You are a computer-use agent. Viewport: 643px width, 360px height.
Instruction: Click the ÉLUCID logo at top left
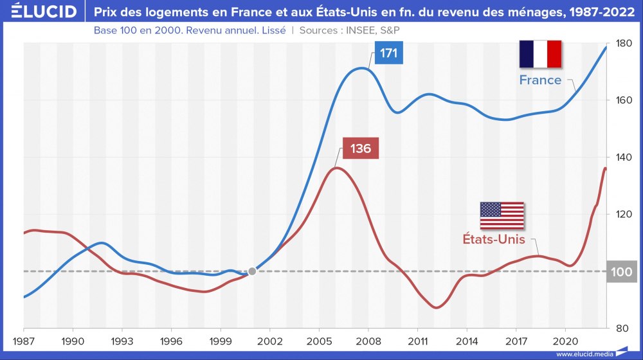pyautogui.click(x=40, y=12)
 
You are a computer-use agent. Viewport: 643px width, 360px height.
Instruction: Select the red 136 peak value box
pyautogui.click(x=361, y=148)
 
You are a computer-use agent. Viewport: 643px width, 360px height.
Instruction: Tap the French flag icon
pyautogui.click(x=541, y=54)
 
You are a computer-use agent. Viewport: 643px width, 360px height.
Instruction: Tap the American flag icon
pyautogui.click(x=502, y=215)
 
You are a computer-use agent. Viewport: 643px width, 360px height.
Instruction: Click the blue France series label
pyautogui.click(x=540, y=80)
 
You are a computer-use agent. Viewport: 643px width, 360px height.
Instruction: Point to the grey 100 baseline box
pyautogui.click(x=621, y=271)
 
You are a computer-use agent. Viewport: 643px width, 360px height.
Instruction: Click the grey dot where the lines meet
pyautogui.click(x=252, y=271)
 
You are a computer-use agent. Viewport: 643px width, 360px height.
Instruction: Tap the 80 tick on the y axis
pyautogui.click(x=621, y=328)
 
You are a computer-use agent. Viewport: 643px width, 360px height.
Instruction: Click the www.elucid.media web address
pyautogui.click(x=584, y=354)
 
